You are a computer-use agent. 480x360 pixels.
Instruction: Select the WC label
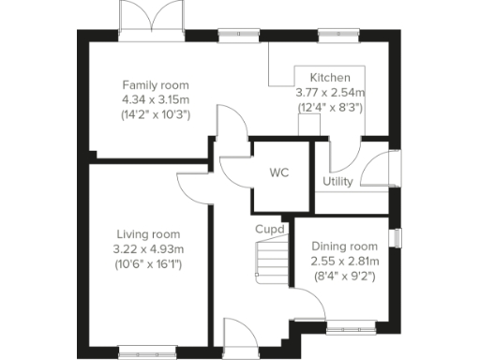(278, 173)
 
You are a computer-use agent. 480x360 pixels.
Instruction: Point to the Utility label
(337, 181)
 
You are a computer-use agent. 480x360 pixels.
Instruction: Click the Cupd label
(270, 229)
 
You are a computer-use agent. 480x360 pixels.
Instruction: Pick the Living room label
(148, 233)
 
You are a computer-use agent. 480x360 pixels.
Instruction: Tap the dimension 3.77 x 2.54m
(330, 93)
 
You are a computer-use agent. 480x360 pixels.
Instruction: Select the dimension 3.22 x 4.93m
(149, 248)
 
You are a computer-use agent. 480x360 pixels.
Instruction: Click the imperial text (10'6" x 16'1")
(149, 264)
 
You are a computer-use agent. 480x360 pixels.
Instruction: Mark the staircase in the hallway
(271, 259)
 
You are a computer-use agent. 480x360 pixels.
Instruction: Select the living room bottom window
(147, 352)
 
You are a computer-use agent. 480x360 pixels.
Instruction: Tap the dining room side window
(396, 239)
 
